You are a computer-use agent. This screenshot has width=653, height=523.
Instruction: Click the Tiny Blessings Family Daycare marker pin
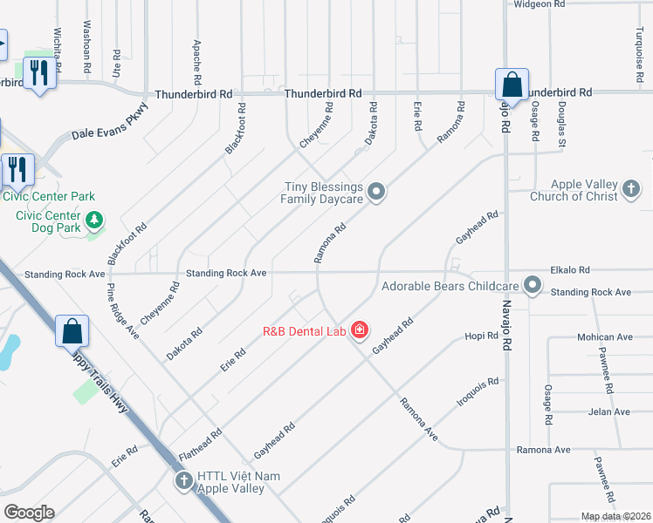(376, 192)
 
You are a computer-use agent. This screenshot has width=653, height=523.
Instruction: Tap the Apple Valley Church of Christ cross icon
(631, 190)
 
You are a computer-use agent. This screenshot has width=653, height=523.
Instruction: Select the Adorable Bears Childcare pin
(533, 285)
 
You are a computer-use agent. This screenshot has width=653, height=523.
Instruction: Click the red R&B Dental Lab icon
(359, 329)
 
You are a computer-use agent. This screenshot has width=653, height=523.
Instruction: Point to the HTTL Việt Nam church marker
(183, 481)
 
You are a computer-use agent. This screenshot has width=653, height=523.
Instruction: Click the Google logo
(29, 513)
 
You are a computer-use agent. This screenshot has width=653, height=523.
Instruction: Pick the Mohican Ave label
(603, 336)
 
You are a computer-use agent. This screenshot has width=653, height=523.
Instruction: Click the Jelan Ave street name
(608, 411)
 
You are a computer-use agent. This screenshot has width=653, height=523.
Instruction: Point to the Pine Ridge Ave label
(123, 310)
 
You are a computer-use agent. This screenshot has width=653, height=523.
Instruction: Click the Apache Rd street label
(197, 56)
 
